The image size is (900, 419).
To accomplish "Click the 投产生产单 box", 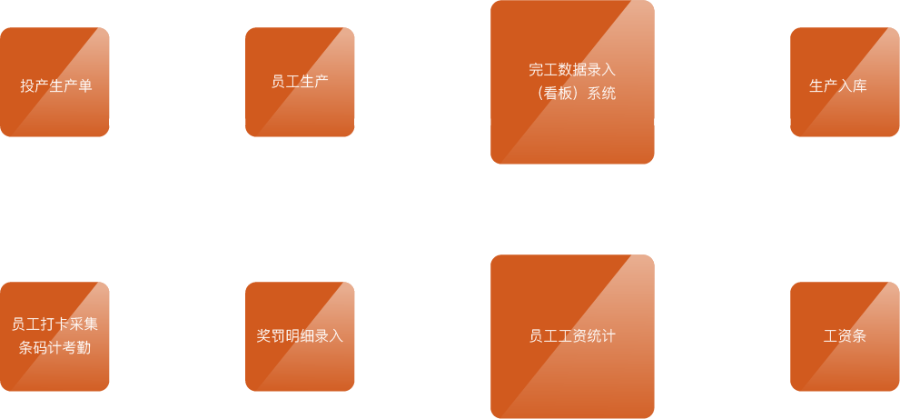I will [54, 82].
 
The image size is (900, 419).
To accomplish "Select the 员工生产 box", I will [300, 82].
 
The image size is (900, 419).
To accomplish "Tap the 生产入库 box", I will [845, 82].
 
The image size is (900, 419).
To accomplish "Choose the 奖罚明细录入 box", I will [300, 336].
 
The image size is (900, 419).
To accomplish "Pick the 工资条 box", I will [845, 336].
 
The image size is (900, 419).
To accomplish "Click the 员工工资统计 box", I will [572, 336].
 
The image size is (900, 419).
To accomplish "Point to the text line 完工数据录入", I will [572, 69].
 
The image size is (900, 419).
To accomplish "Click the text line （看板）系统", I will [572, 93].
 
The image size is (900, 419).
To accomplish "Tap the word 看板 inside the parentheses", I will [558, 93].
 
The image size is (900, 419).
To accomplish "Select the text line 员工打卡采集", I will [54, 324].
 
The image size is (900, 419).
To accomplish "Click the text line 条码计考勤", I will [54, 347].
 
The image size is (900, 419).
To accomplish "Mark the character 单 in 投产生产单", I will [85, 86].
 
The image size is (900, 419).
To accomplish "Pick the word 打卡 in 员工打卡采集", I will [54, 324].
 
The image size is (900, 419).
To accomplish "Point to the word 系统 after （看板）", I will [601, 93].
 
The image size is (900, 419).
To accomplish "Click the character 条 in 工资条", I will [859, 336].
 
